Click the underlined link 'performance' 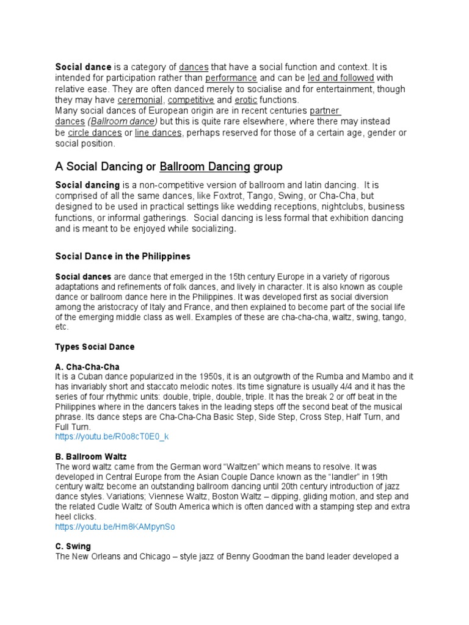231,78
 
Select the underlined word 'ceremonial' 140,100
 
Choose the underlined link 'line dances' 159,133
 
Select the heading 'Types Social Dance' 95,347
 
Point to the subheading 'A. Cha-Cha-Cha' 87,366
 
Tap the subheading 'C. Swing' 73,546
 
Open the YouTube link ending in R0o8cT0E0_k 111,438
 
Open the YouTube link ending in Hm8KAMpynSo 115,527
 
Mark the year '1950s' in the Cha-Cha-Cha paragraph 196,377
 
